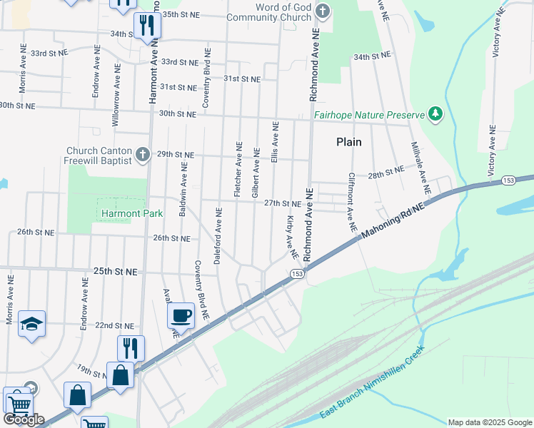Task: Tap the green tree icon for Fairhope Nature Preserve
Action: coord(434,113)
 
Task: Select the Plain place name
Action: coord(349,142)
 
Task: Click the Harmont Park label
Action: coord(131,213)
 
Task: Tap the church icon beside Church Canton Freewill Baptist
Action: coord(142,154)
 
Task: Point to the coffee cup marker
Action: coord(181,315)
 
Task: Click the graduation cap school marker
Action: coord(31,324)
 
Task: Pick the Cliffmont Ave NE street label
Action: coord(351,203)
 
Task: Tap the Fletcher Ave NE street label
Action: coord(238,170)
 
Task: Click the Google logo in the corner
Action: coord(23,419)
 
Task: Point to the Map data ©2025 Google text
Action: coord(489,422)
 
